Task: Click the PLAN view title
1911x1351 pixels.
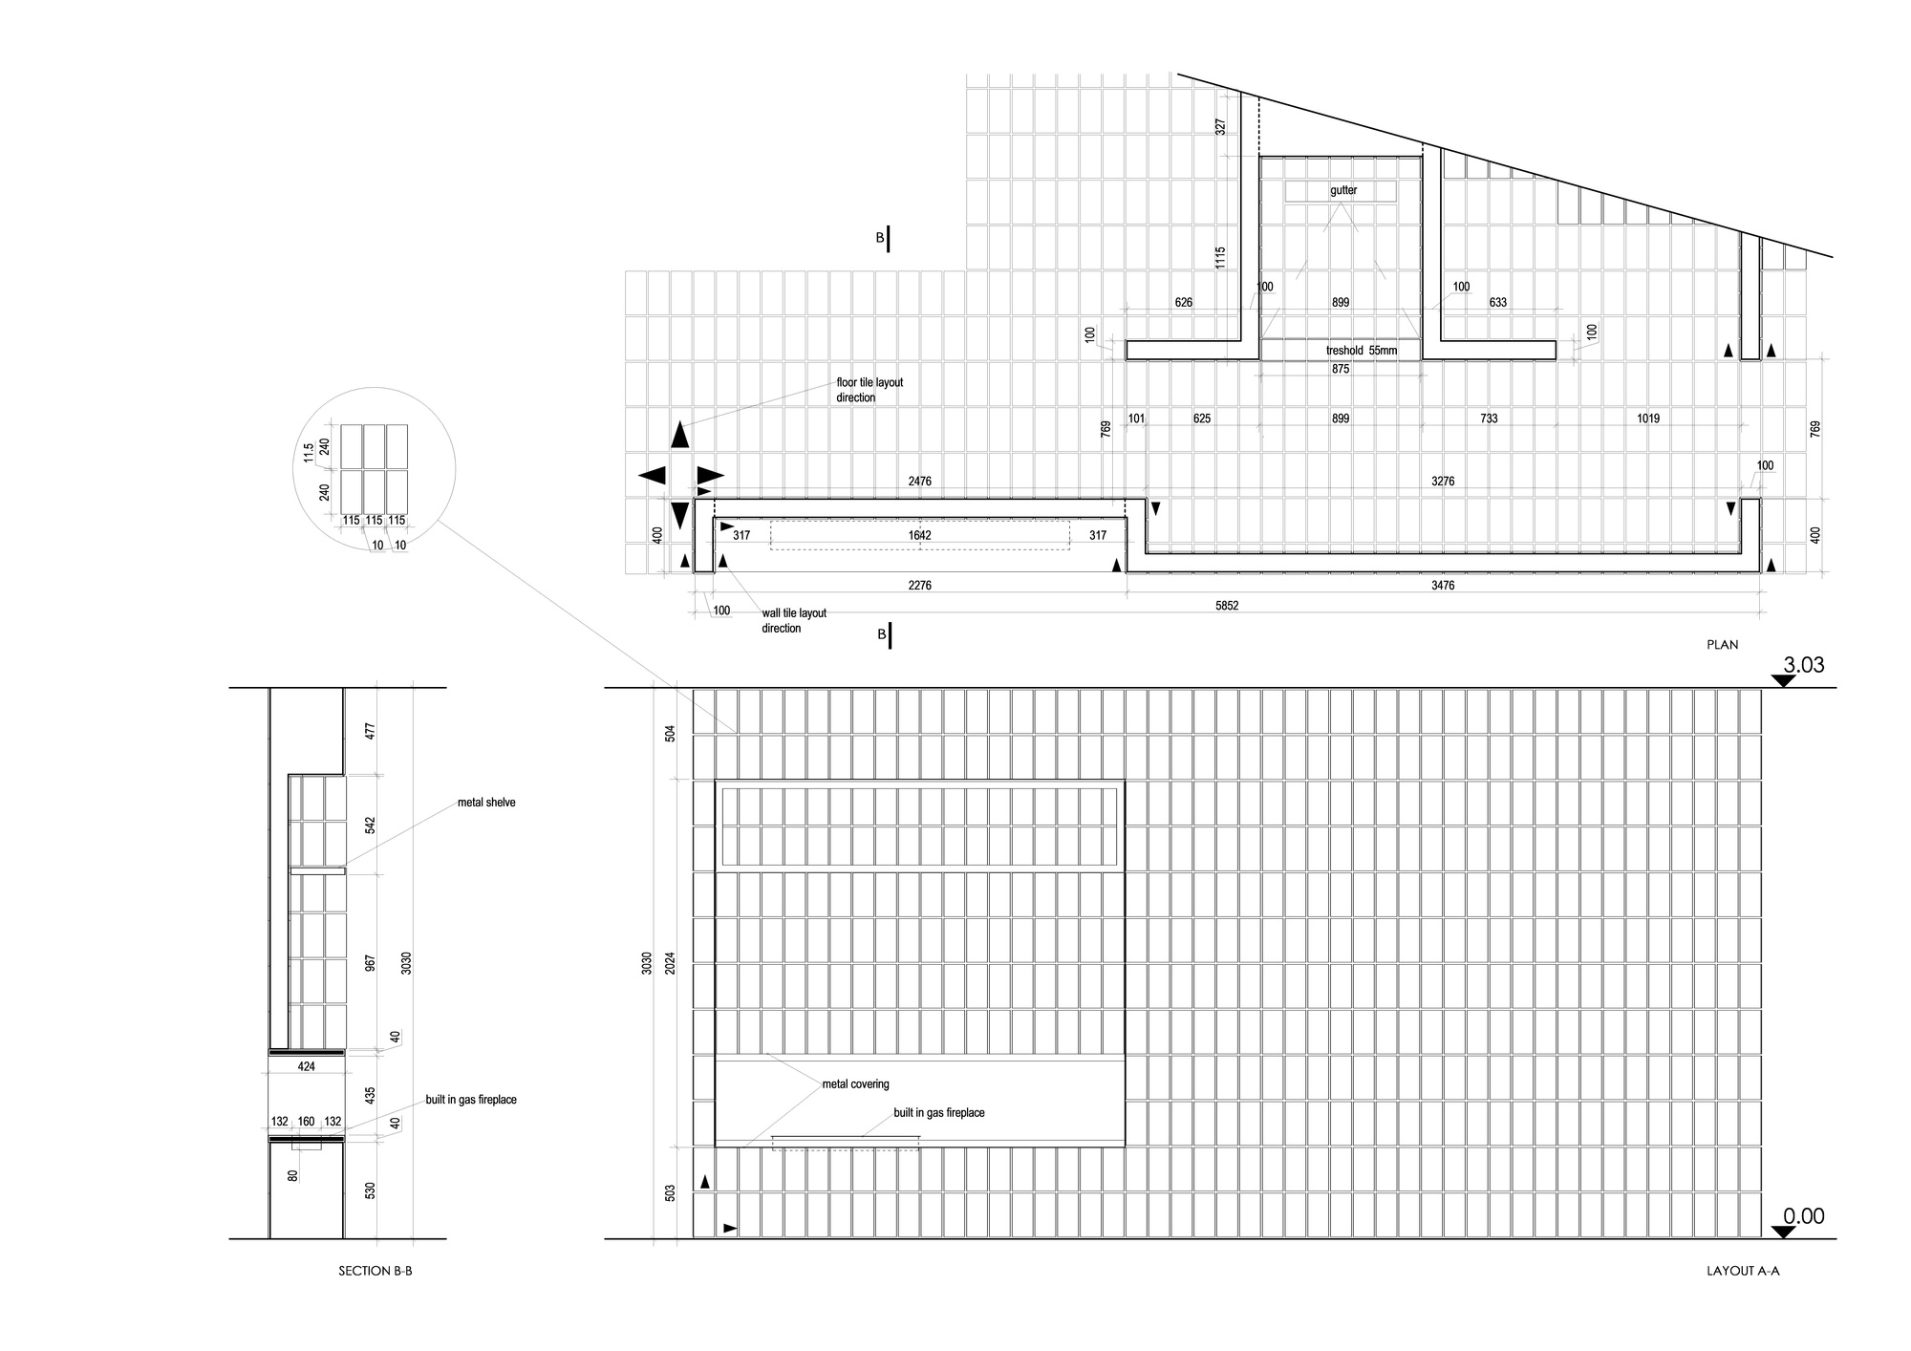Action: [1722, 645]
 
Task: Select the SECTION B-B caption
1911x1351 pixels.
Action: [376, 1272]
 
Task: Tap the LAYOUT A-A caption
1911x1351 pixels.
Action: [1743, 1272]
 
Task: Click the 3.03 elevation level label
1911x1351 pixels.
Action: [1803, 665]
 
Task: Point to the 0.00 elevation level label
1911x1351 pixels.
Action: [1803, 1216]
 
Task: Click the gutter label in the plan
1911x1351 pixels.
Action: [1343, 191]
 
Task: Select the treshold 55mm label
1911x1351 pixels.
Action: [1361, 351]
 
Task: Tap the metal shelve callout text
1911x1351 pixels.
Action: [486, 803]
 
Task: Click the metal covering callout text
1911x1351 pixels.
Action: [855, 1084]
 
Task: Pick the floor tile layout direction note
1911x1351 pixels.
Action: [870, 390]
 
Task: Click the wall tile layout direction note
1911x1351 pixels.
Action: [794, 621]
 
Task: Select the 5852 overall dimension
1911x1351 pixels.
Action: [1227, 606]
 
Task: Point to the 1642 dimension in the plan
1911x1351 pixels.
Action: [919, 536]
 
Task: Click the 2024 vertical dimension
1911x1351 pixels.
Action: [671, 962]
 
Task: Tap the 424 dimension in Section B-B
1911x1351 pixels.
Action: [306, 1066]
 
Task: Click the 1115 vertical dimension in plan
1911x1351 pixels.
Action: [1220, 258]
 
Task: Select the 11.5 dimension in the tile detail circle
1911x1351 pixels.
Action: [308, 453]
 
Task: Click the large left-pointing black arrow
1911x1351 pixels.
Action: [652, 475]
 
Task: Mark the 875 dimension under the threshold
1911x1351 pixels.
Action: [1341, 369]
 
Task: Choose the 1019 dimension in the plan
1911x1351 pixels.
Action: [1647, 418]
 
